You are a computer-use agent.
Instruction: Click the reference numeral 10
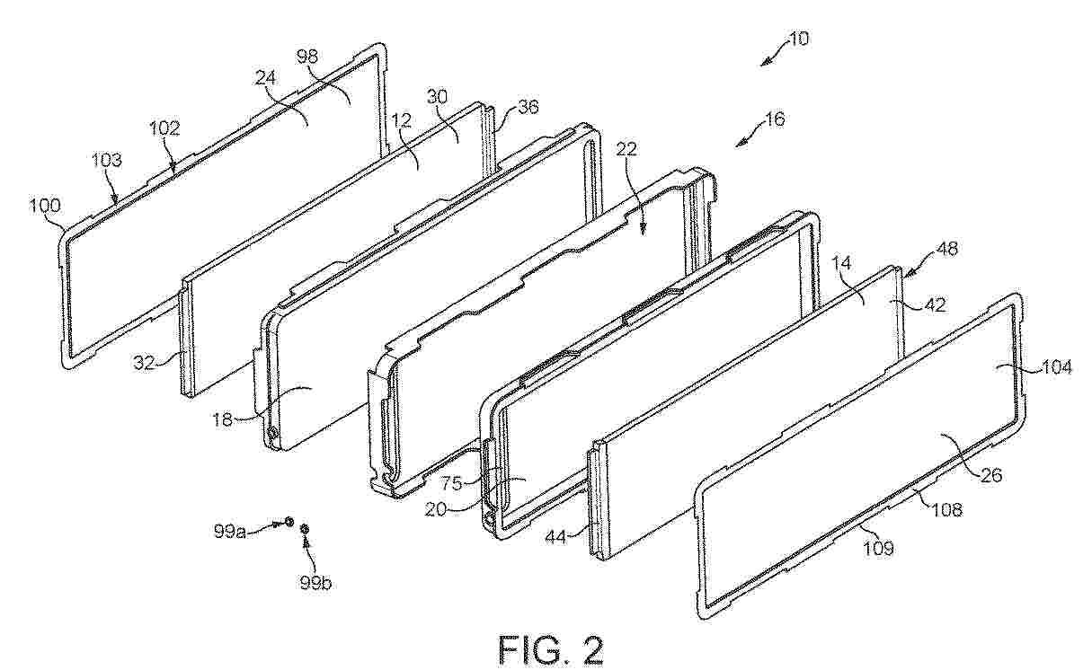(799, 39)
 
